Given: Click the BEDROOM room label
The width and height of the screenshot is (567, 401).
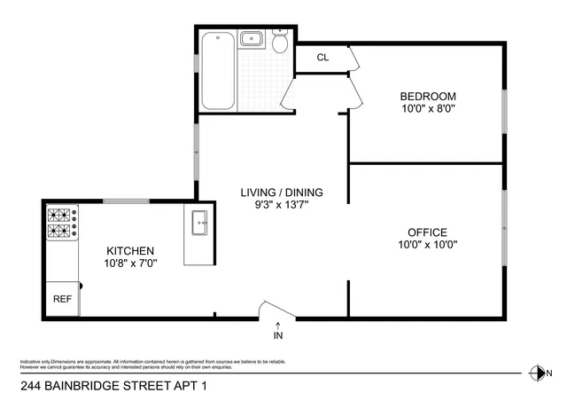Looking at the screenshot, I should [428, 96].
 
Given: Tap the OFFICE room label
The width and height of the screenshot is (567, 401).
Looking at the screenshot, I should [428, 232].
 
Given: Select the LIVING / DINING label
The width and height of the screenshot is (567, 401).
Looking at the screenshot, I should [283, 192].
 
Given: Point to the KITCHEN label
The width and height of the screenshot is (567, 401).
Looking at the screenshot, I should [131, 250].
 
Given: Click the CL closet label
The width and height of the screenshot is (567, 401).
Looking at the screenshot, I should [322, 58].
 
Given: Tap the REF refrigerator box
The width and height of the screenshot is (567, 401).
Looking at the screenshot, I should [62, 299].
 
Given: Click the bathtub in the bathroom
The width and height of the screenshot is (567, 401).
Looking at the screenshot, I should [218, 69].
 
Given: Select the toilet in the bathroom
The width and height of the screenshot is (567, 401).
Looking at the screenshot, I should [280, 43].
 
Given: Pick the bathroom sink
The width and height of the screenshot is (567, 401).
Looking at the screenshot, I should [252, 38].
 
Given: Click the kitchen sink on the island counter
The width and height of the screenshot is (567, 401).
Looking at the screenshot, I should [199, 222].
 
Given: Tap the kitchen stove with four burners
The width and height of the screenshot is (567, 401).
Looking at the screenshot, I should [62, 223].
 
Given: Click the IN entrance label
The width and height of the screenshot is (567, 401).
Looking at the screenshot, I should [279, 337].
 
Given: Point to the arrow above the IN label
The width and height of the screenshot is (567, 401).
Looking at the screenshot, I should [279, 326].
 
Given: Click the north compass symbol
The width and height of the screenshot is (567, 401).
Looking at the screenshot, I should [534, 373].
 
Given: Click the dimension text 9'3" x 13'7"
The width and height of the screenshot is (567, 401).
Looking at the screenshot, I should [283, 205].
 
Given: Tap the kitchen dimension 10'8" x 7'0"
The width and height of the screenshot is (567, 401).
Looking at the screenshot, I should [131, 263].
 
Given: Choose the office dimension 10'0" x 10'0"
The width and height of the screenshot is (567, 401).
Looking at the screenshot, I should [428, 245].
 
